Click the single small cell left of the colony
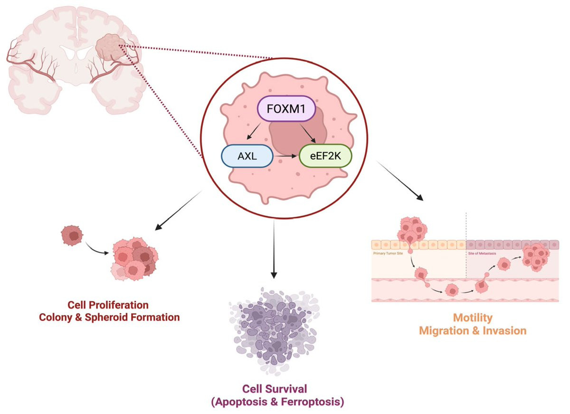(72, 235)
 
